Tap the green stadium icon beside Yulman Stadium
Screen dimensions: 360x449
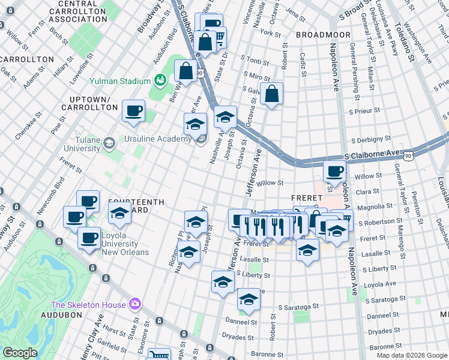[160, 80]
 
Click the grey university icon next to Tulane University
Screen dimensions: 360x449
[109, 143]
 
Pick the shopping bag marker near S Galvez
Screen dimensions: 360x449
[272, 94]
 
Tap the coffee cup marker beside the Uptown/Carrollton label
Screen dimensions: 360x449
[133, 110]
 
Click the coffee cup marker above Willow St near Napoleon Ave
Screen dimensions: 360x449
[334, 170]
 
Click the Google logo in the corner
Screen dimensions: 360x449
[20, 353]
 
